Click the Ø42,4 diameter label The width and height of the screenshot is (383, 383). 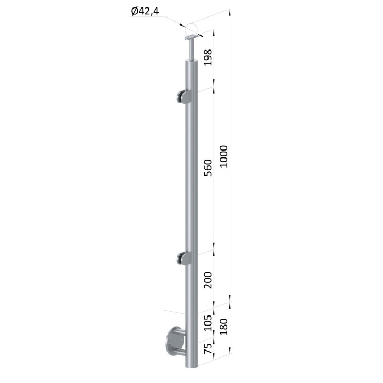(x=145, y=11)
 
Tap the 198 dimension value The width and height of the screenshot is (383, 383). (x=208, y=57)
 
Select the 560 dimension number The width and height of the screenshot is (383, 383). (x=208, y=168)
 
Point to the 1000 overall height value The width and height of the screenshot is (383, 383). (x=223, y=156)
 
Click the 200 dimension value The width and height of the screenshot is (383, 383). (x=208, y=280)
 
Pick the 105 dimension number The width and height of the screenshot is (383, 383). (x=208, y=323)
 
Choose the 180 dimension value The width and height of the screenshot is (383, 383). (x=223, y=327)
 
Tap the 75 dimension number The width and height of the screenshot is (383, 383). (x=208, y=349)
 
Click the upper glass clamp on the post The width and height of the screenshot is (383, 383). (x=184, y=97)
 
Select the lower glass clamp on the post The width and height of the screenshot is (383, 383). (x=184, y=259)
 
